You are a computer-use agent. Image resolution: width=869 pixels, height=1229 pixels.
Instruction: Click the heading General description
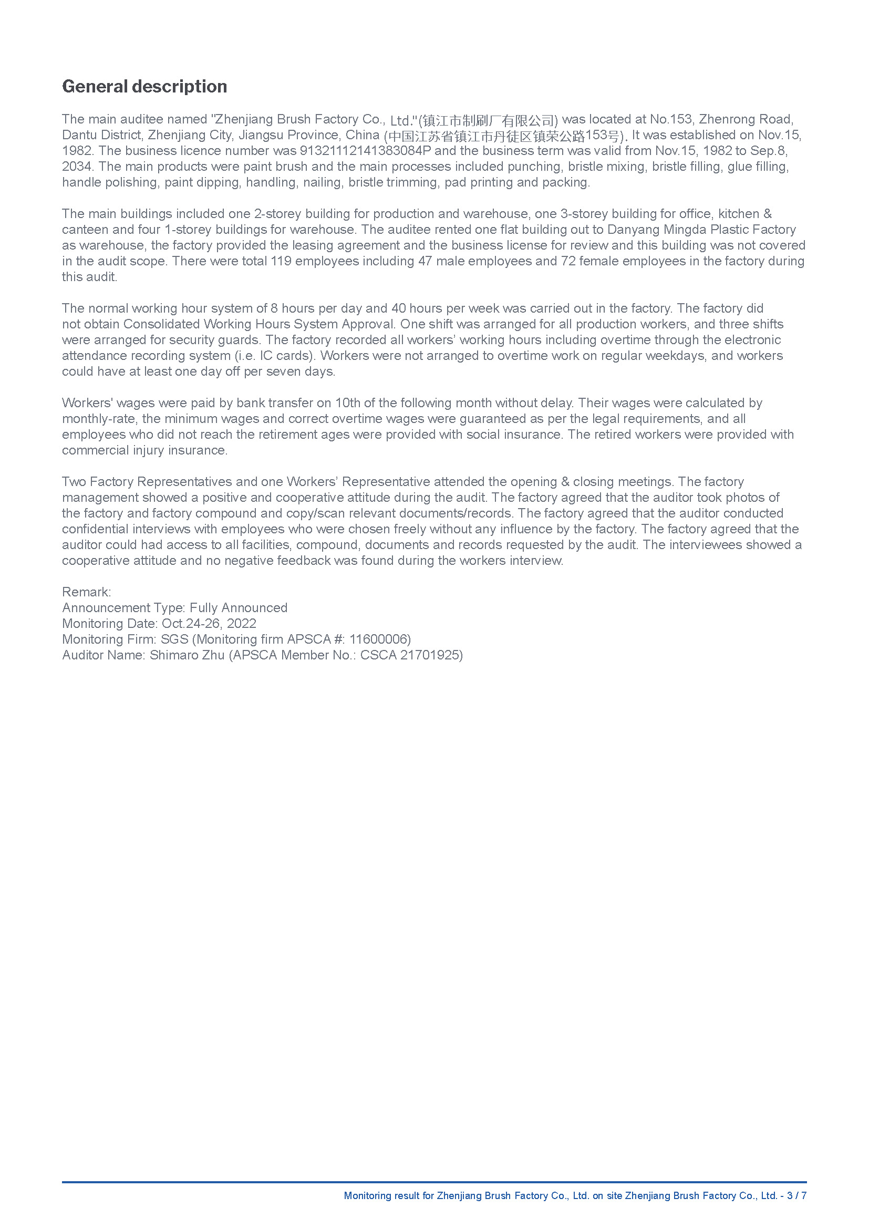tap(144, 86)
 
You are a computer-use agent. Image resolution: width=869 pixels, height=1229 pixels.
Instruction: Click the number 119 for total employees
tap(281, 261)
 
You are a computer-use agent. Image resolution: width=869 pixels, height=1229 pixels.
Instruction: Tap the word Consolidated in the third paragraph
tap(161, 324)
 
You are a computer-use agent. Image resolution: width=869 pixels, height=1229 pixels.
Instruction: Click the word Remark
tap(86, 592)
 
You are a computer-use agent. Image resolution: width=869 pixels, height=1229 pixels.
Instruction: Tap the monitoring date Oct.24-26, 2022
tap(209, 624)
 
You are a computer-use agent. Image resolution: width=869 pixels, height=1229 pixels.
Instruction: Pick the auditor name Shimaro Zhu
tap(187, 655)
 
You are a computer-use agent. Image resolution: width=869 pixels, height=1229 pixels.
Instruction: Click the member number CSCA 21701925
tap(409, 655)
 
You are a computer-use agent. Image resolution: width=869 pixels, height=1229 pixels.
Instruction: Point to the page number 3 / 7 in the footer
tap(796, 1196)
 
